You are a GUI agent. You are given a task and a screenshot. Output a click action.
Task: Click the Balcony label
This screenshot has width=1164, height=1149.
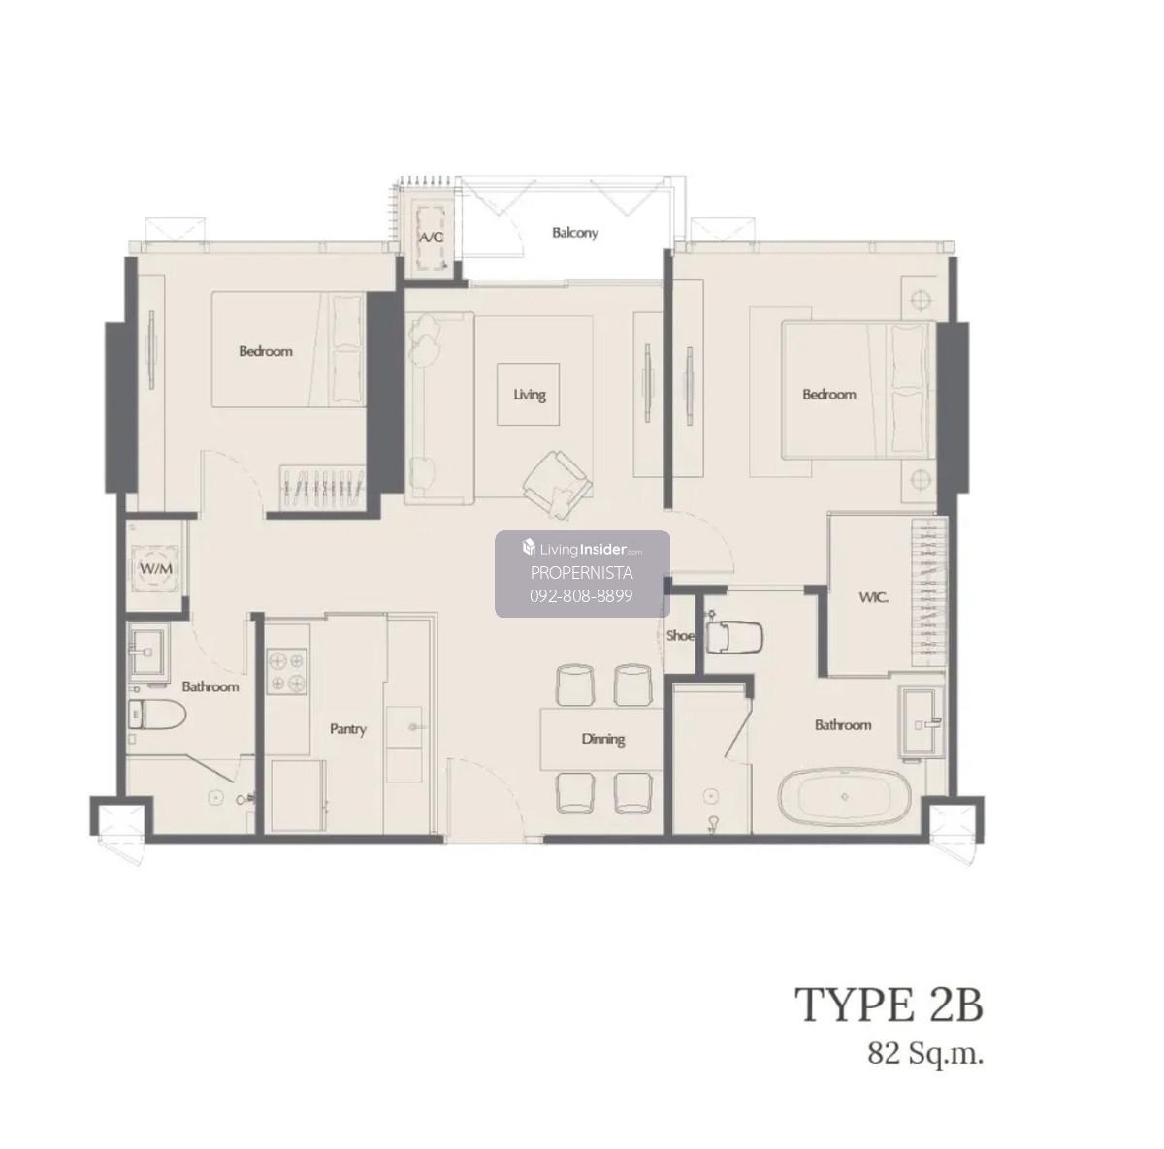(574, 233)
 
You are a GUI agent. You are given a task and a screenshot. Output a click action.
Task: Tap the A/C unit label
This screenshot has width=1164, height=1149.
(432, 238)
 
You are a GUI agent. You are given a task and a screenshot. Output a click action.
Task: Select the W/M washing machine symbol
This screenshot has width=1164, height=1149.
(156, 567)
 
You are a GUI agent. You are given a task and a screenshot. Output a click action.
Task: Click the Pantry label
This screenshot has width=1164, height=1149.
(348, 729)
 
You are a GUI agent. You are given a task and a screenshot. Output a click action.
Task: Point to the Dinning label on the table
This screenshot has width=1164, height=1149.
(602, 739)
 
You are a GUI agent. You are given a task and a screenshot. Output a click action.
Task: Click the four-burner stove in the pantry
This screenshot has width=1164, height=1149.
(287, 671)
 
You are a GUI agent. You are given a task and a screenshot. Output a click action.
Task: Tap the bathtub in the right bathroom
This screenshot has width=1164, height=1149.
(845, 797)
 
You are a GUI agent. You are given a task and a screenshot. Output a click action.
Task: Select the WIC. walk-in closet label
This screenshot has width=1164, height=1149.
(873, 597)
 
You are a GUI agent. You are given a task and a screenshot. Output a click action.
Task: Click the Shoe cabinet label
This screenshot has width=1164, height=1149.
(680, 635)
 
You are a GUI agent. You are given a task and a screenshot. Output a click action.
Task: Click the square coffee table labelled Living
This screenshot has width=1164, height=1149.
(528, 394)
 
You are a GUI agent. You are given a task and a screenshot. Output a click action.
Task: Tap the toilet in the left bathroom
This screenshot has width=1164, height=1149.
(156, 715)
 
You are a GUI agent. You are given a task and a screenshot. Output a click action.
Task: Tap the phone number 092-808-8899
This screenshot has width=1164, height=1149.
(581, 596)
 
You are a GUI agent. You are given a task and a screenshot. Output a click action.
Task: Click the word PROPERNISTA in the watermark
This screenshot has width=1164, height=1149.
(581, 573)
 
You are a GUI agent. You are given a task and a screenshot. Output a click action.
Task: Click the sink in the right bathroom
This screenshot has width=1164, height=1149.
(921, 720)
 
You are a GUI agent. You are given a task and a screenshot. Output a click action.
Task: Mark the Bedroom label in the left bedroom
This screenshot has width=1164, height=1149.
(266, 351)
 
